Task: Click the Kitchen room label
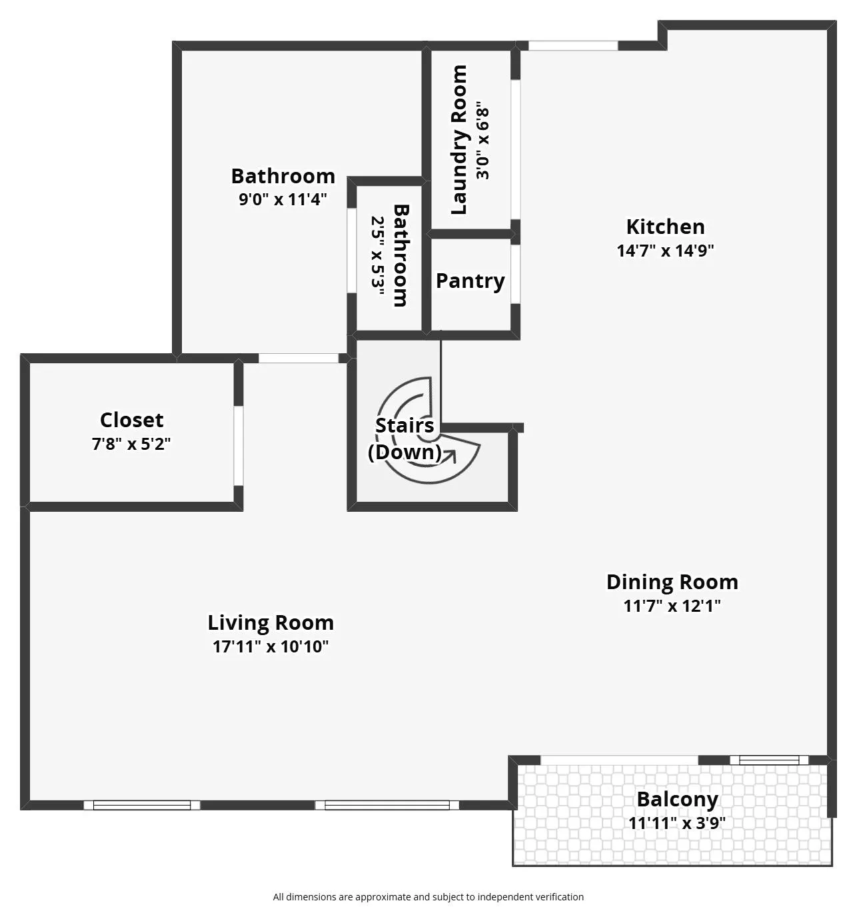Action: click(x=665, y=227)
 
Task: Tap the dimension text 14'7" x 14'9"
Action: click(x=665, y=251)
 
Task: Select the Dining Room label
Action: click(x=672, y=582)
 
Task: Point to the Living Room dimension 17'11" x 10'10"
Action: click(x=271, y=646)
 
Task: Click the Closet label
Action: click(x=131, y=420)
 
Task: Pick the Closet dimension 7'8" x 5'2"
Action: click(x=131, y=444)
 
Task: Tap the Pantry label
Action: click(x=470, y=281)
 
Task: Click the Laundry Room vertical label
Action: click(x=459, y=140)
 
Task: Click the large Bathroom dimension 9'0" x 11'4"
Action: click(x=283, y=199)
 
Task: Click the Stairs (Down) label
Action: click(x=404, y=439)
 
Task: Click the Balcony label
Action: click(x=677, y=799)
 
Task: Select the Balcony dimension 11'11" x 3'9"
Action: click(x=676, y=823)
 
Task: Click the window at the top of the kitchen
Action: click(x=573, y=46)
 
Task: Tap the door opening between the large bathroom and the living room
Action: click(x=298, y=359)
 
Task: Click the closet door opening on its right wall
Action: click(x=238, y=445)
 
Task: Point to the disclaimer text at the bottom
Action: click(x=428, y=897)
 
